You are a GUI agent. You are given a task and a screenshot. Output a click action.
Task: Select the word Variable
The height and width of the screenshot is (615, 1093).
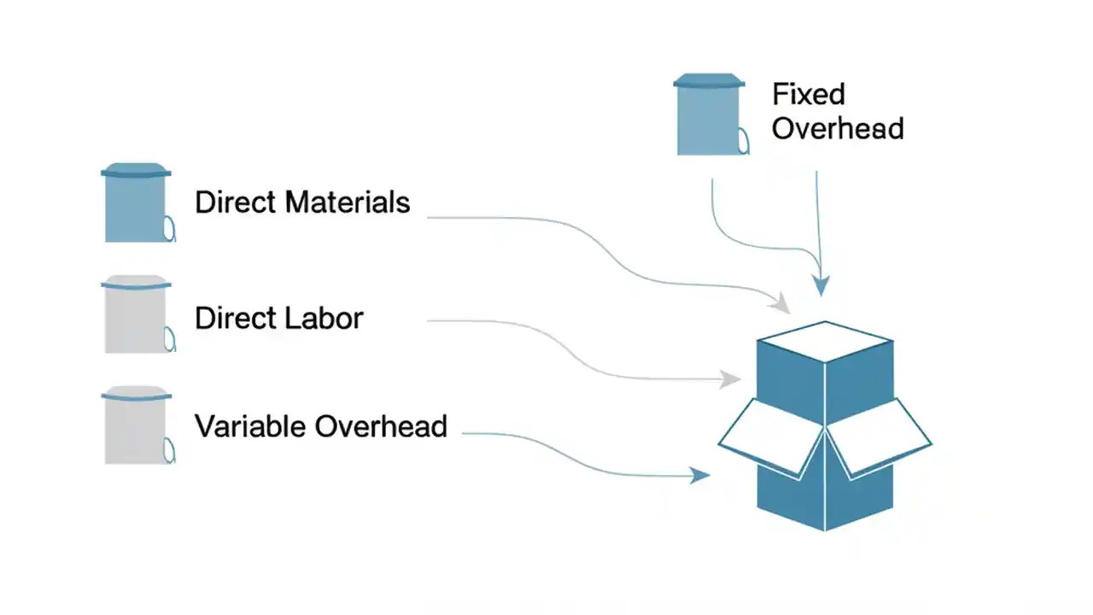point(251,425)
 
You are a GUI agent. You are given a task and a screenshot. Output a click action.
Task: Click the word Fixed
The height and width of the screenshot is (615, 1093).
point(808,93)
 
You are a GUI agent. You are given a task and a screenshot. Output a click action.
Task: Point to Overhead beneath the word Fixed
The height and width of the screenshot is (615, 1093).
point(837,128)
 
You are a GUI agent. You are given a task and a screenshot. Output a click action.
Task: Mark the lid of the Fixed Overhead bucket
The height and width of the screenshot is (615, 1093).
point(709,81)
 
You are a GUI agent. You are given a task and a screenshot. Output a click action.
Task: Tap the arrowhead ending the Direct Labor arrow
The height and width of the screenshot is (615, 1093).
point(731,378)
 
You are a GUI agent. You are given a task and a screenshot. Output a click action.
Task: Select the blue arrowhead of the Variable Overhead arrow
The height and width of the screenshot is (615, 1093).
point(701,476)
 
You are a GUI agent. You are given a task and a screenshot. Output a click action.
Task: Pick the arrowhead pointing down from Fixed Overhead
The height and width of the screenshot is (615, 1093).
point(821,285)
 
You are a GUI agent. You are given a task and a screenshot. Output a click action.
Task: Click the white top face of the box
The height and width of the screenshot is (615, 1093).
point(825,341)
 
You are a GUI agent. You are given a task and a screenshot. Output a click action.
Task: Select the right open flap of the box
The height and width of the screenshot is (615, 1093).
point(880,436)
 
